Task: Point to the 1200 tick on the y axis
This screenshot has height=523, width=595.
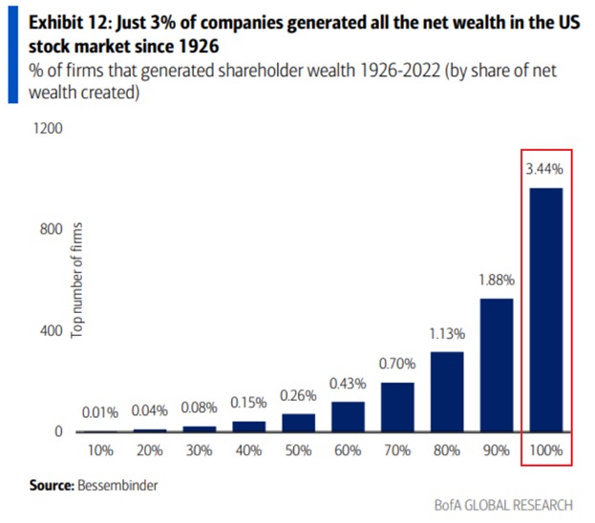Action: (x=47, y=127)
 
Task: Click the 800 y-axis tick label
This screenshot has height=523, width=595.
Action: (x=51, y=229)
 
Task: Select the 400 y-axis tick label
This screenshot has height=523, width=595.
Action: (x=51, y=330)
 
